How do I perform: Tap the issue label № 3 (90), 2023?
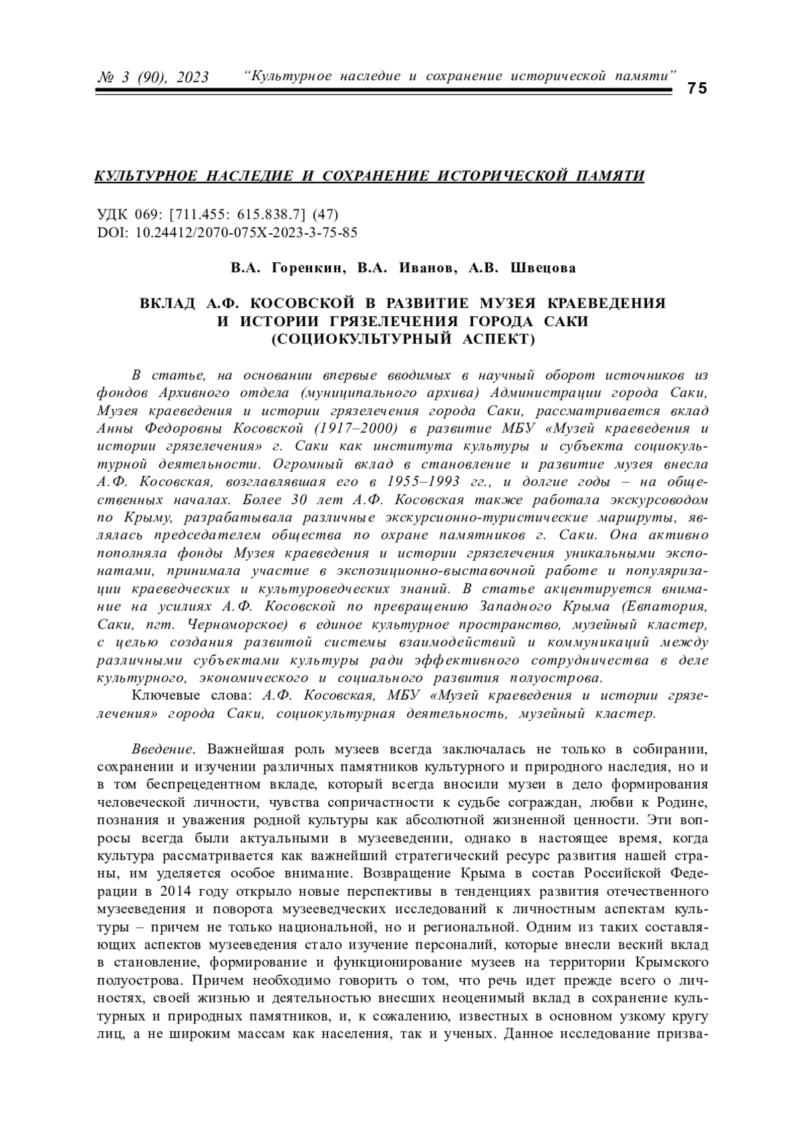153,78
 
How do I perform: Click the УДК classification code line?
218,215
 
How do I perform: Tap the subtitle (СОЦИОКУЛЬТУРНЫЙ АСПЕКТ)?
402,340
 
